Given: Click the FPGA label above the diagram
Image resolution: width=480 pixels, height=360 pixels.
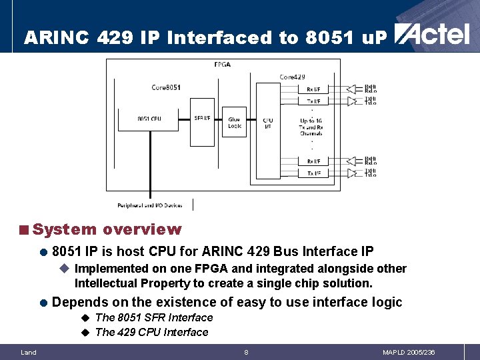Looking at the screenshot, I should click(x=223, y=65).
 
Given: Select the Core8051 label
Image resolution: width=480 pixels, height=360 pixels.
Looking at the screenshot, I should click(x=166, y=87).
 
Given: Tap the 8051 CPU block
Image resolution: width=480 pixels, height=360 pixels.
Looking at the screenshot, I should click(x=149, y=119).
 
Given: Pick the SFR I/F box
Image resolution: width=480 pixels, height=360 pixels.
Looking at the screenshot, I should click(x=202, y=119).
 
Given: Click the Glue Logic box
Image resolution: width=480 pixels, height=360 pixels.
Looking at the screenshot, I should click(x=234, y=122).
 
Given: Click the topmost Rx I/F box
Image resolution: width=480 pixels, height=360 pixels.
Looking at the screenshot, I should click(x=313, y=89).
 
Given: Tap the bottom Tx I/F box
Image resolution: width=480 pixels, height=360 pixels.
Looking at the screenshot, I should click(x=313, y=173).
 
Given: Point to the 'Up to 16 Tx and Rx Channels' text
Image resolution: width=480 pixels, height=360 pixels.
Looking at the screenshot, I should click(x=311, y=127).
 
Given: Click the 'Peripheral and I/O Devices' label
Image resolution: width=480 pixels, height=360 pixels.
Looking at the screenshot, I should click(x=149, y=205).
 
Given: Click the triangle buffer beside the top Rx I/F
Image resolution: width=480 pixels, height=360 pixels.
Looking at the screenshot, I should click(x=351, y=89).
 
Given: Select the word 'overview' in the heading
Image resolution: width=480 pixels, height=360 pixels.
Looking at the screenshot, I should click(x=142, y=229).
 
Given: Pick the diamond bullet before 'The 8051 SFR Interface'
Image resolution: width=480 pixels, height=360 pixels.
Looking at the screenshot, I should click(x=85, y=317).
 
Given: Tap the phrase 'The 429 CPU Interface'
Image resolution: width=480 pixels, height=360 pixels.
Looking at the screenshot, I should click(x=152, y=332).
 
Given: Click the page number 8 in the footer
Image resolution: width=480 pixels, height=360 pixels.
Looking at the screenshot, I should click(x=246, y=352).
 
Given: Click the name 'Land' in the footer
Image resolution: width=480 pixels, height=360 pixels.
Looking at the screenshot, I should click(x=29, y=352).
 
